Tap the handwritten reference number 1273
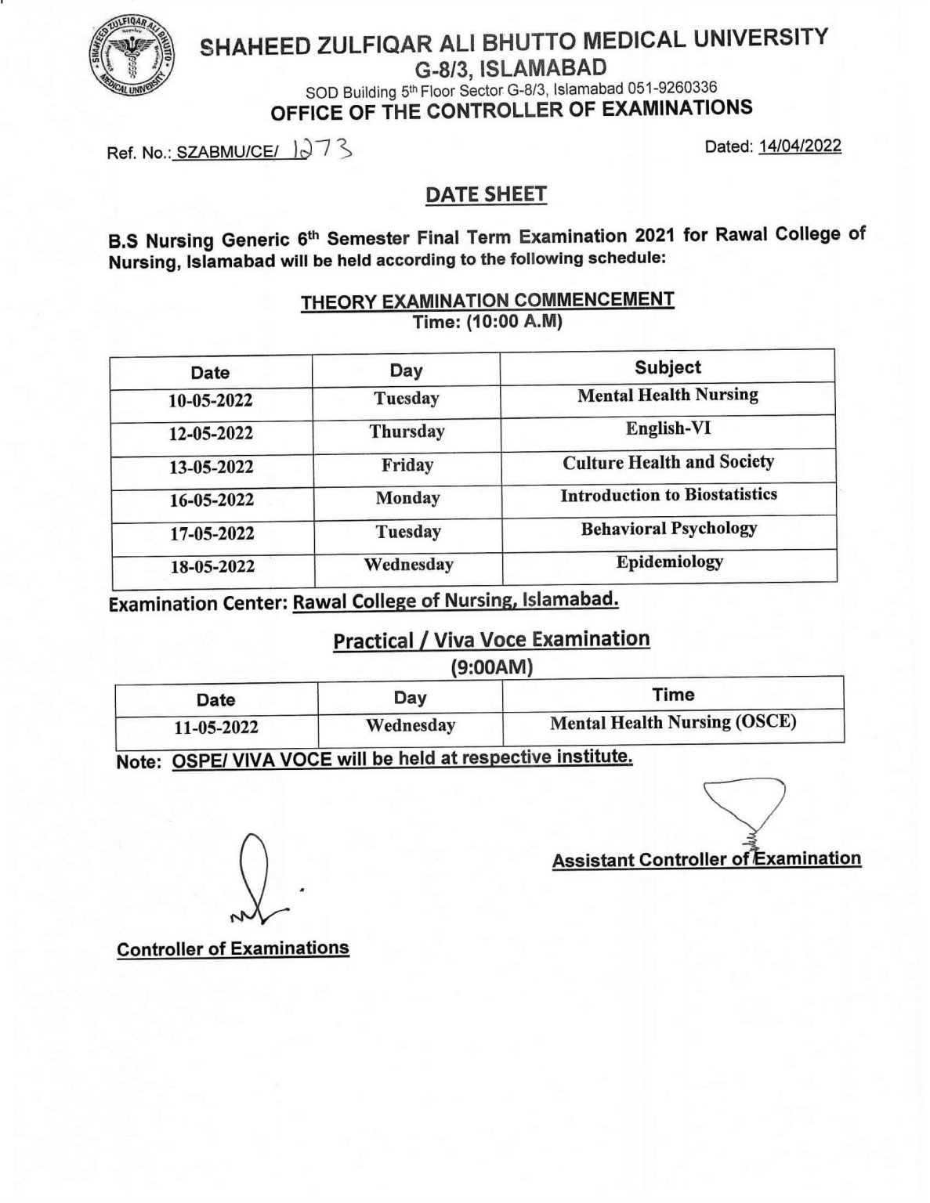(x=321, y=150)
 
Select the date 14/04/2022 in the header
(x=799, y=146)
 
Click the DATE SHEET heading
(x=486, y=194)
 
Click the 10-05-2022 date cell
(x=211, y=400)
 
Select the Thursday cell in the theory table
(x=407, y=432)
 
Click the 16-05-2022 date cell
(x=212, y=500)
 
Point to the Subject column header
(x=668, y=367)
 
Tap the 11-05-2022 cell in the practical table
(x=216, y=728)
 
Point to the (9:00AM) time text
(x=491, y=667)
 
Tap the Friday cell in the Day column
(x=407, y=465)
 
